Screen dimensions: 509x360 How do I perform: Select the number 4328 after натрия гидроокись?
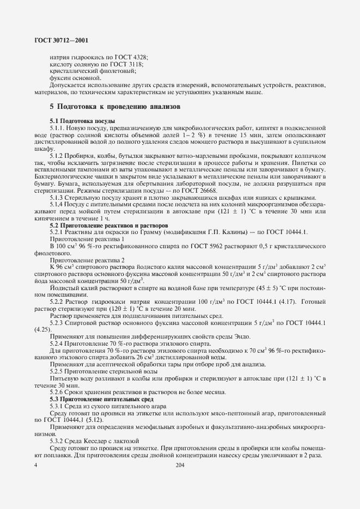(139, 57)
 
